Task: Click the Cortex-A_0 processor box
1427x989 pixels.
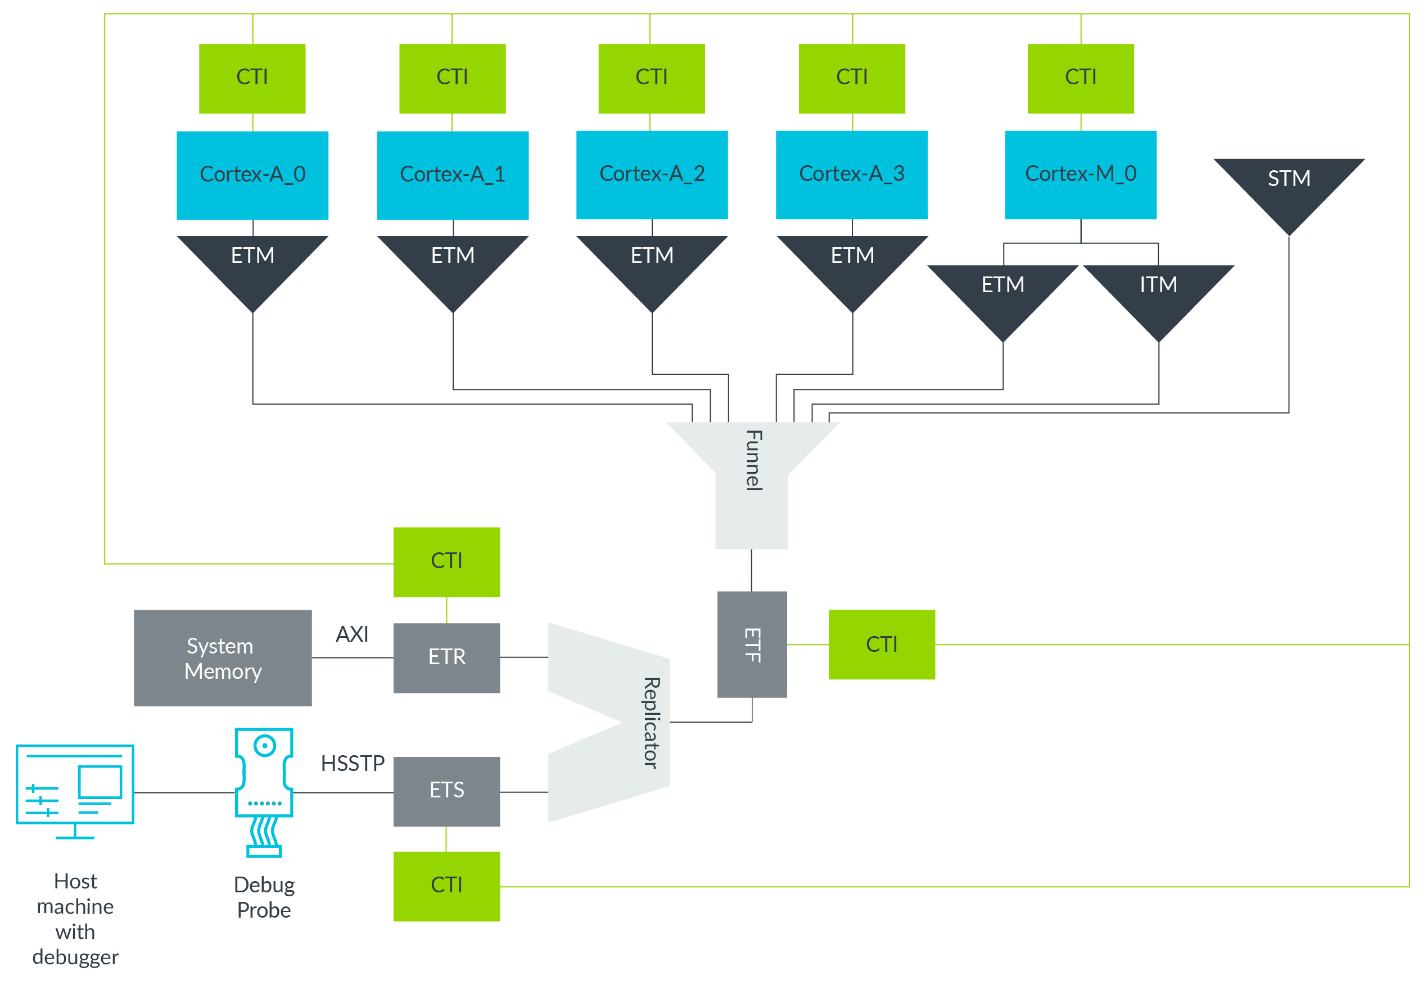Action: click(x=252, y=175)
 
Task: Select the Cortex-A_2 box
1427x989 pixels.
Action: click(x=652, y=175)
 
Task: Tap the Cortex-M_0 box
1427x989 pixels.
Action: click(x=1080, y=175)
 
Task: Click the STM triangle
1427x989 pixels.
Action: click(x=1288, y=186)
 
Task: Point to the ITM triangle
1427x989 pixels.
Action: click(x=1158, y=291)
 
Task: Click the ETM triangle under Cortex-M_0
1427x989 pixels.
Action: click(x=1002, y=291)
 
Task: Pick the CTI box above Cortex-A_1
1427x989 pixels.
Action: click(x=452, y=78)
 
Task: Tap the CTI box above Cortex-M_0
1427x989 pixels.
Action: click(x=1080, y=78)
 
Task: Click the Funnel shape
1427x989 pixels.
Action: click(x=751, y=477)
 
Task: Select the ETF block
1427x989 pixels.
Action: click(x=751, y=644)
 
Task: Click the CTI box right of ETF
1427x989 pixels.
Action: click(x=881, y=644)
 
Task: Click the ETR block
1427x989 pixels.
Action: click(x=446, y=657)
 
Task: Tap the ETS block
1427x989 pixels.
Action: click(x=446, y=790)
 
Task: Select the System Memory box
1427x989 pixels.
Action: click(x=223, y=657)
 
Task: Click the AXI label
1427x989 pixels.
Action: click(x=351, y=634)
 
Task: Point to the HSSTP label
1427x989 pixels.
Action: click(x=352, y=763)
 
